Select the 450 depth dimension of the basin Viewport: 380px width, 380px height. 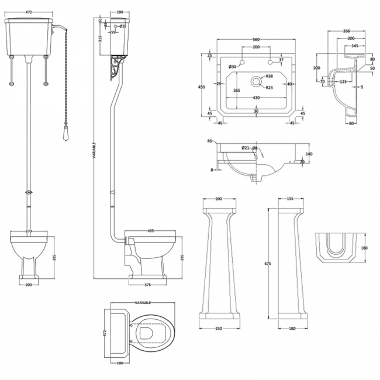201,87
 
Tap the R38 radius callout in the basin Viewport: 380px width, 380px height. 270,77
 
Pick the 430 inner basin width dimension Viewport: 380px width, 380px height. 255,97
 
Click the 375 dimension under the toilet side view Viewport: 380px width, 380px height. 148,286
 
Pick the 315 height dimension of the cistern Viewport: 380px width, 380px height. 100,39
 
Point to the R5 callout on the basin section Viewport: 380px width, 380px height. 209,141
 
